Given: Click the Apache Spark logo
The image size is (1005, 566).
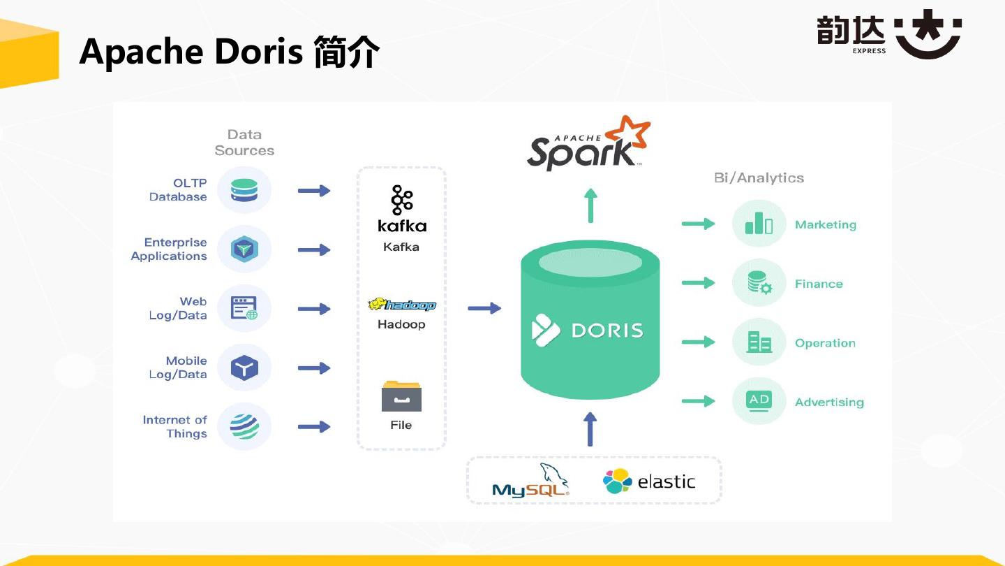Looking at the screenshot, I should tap(588, 145).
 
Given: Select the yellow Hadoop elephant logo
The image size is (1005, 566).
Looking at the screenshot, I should tap(401, 305).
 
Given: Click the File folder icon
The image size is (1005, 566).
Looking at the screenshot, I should tap(401, 396).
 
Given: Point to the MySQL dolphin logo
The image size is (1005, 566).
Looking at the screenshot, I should tap(530, 481).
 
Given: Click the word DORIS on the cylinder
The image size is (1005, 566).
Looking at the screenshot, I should tap(606, 330).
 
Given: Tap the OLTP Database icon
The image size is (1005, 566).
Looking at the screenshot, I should tap(244, 190).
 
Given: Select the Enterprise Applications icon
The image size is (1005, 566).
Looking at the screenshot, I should tap(244, 249).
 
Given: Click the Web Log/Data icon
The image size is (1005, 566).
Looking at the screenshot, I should tap(244, 308).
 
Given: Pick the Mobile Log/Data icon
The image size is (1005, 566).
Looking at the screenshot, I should tap(244, 368).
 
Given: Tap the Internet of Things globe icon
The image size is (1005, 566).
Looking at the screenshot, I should tap(244, 426).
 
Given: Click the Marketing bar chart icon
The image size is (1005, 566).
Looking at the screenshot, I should tap(759, 224).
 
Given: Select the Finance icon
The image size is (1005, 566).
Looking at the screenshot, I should tap(759, 284).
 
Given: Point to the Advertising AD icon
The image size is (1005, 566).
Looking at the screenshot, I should tap(759, 402).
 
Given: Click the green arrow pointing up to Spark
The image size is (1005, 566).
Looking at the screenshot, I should tap(590, 205).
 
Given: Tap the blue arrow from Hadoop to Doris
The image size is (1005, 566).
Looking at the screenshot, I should tap(484, 308).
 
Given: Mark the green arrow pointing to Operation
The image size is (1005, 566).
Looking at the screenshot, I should tap(698, 342).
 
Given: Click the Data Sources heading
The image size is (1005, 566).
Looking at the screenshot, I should tap(244, 143).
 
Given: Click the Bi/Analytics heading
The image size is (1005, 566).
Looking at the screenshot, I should tap(759, 178).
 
